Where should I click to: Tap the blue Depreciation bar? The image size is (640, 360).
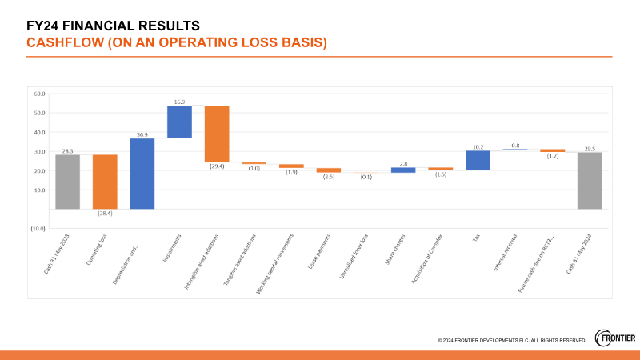click(142, 174)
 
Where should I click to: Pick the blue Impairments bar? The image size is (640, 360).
click(179, 122)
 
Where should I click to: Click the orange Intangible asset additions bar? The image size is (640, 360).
click(217, 134)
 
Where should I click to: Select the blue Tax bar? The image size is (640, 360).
click(478, 160)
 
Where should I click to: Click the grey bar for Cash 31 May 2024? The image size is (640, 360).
click(590, 180)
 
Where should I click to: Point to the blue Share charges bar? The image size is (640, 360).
click(403, 170)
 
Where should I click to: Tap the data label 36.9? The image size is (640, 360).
click(142, 134)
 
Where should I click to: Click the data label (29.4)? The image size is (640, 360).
click(217, 166)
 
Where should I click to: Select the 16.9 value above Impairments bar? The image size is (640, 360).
click(179, 102)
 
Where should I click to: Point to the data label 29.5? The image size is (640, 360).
click(590, 148)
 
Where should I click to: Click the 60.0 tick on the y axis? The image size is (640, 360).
click(38, 94)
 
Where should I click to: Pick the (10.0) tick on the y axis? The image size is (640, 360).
click(37, 228)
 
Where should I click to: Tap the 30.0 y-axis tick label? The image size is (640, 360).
click(38, 151)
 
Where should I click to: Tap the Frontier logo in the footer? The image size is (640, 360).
click(615, 338)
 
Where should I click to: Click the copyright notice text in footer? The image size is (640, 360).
click(511, 341)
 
